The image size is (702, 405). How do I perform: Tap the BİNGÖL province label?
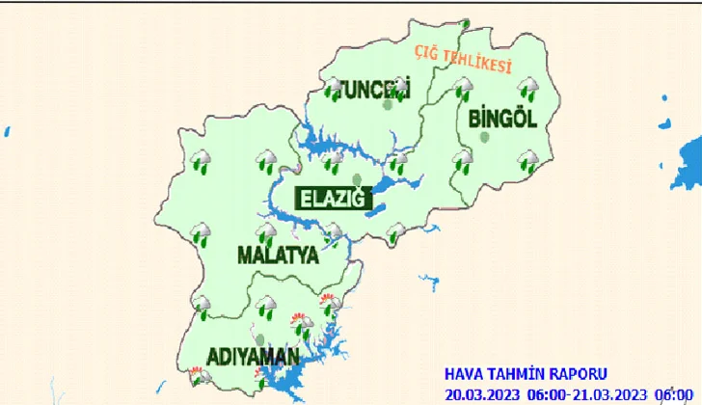tap(500, 119)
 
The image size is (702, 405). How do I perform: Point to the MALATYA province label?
tap(278, 256)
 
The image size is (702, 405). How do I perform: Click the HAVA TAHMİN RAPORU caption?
tap(526, 373)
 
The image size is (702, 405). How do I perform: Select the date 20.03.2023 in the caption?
tap(482, 392)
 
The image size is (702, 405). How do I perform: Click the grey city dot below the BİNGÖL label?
tap(485, 138)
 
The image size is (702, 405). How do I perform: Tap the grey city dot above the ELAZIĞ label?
tap(356, 179)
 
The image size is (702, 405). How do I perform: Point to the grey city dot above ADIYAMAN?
tap(257, 337)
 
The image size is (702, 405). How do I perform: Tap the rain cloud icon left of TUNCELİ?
tap(334, 89)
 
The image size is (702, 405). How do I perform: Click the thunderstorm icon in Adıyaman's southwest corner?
tap(201, 375)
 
